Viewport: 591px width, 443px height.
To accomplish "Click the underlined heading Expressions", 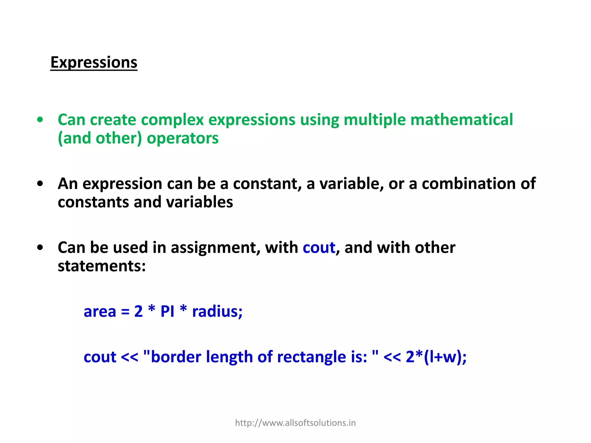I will (94, 63).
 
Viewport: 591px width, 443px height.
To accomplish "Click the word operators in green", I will (182, 138).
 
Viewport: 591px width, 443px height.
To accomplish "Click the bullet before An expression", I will (40, 183).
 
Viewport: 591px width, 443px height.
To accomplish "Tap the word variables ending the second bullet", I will (199, 202).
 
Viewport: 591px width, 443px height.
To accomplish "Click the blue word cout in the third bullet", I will (319, 248).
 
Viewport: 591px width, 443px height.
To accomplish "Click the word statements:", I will (102, 266).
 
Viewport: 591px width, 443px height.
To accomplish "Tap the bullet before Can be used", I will (40, 247).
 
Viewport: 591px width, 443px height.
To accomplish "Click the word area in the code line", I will (100, 311).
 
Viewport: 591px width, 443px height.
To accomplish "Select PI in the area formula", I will (167, 311).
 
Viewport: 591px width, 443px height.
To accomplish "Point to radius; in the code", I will (217, 311).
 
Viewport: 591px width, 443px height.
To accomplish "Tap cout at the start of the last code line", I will (100, 357).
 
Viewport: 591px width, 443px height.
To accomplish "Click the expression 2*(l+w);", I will (436, 357).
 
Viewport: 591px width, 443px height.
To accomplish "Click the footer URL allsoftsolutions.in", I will (295, 423).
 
